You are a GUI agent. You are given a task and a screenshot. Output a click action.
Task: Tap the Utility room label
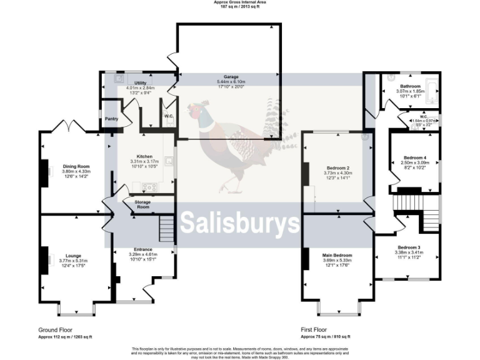pyautogui.click(x=140, y=82)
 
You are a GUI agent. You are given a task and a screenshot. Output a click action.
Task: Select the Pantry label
pyautogui.click(x=112, y=118)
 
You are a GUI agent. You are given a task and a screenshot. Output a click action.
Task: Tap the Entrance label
pyautogui.click(x=144, y=249)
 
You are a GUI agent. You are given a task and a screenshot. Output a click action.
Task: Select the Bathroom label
pyautogui.click(x=411, y=86)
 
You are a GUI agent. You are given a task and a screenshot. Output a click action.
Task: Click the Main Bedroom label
pyautogui.click(x=337, y=255)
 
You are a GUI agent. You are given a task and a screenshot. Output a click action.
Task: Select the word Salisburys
pyautogui.click(x=239, y=222)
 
